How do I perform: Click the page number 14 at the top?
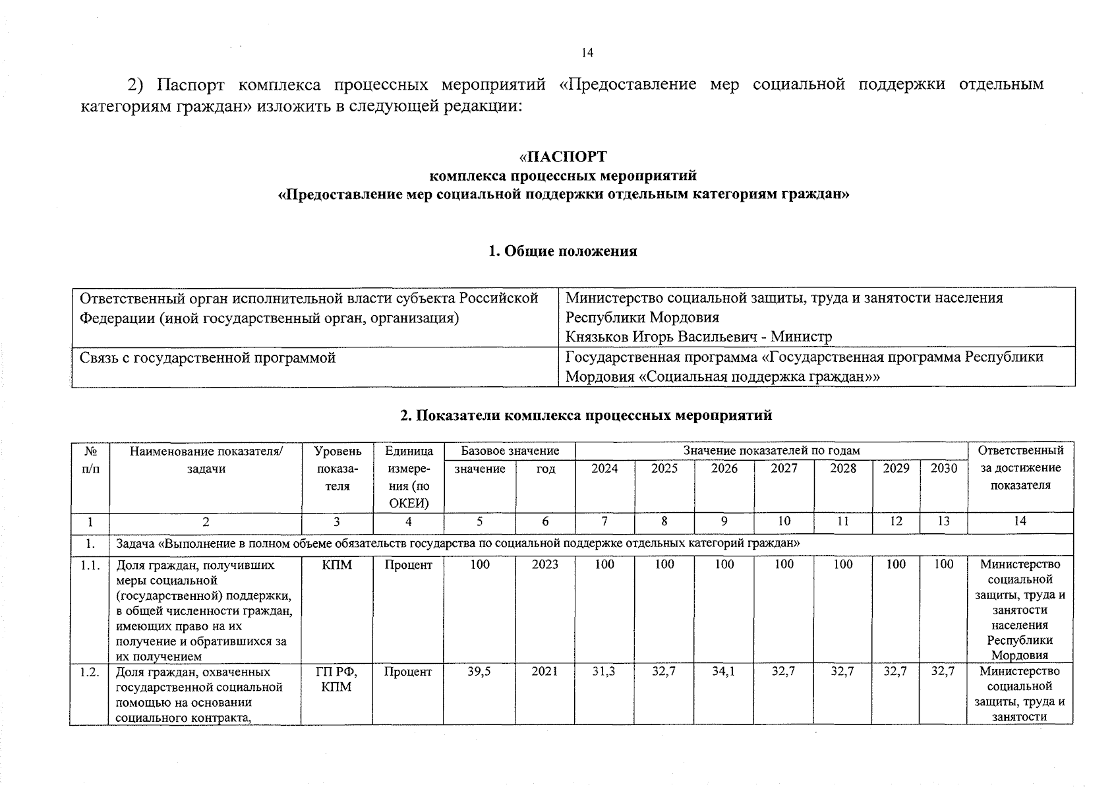(x=587, y=53)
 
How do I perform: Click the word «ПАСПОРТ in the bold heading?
(x=562, y=157)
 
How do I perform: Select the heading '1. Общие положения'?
(x=562, y=251)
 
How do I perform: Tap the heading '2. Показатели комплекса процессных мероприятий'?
(x=586, y=415)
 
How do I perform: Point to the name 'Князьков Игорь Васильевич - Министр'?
(x=699, y=337)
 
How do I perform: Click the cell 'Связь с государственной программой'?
(x=208, y=358)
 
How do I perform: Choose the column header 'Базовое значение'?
(x=510, y=451)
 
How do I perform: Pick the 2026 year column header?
(x=724, y=469)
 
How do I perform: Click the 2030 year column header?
(x=943, y=469)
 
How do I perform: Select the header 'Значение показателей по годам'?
(x=771, y=451)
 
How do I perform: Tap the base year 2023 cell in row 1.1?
(x=545, y=564)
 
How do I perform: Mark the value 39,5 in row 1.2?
(x=479, y=672)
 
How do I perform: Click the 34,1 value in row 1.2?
(x=724, y=672)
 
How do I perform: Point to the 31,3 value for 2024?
(x=604, y=672)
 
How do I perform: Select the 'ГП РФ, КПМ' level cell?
(x=336, y=679)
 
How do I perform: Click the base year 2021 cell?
(x=545, y=672)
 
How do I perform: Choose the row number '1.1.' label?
(x=90, y=565)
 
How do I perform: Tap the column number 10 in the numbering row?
(x=784, y=521)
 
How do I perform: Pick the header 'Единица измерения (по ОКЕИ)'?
(x=409, y=477)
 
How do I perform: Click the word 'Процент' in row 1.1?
(x=409, y=565)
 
